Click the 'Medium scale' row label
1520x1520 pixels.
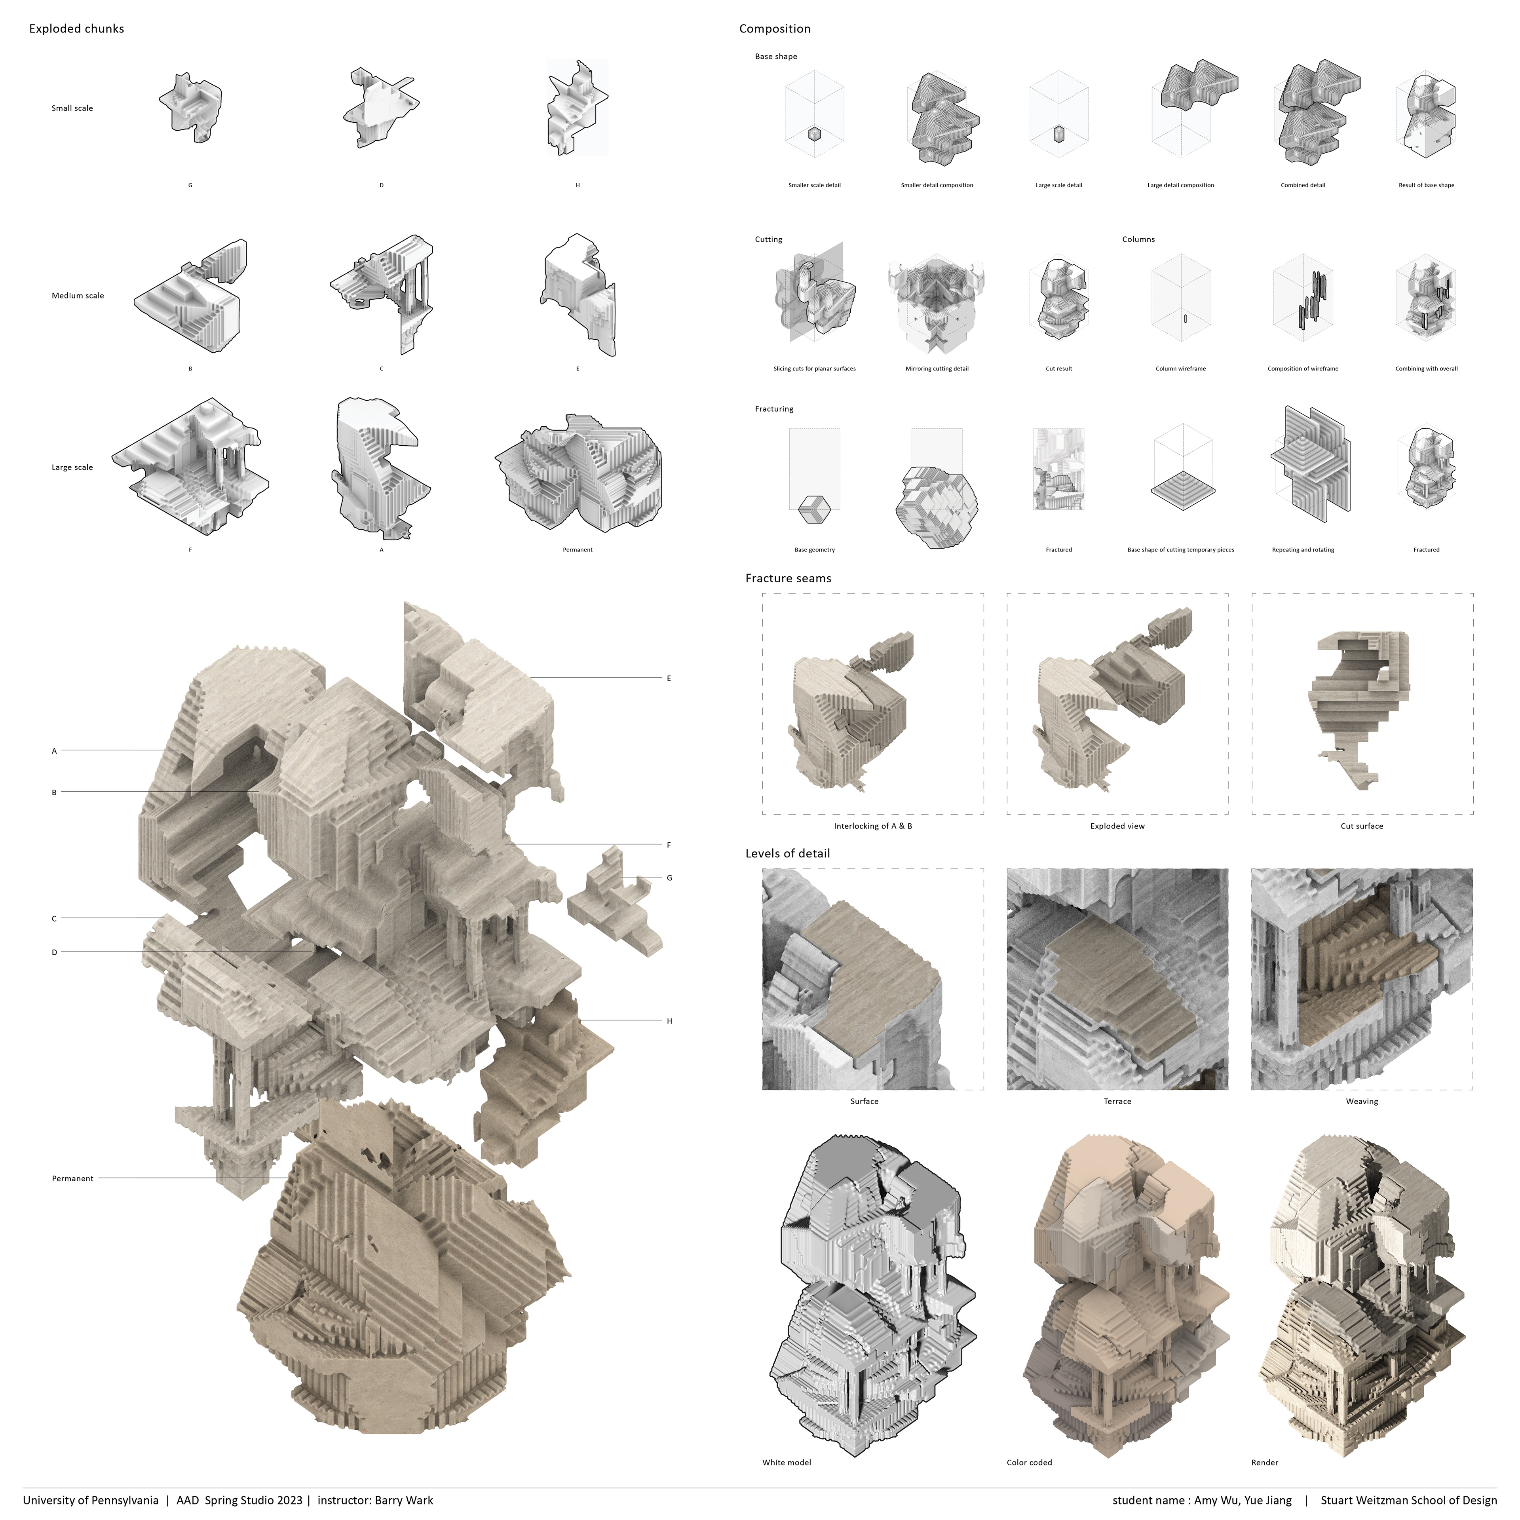[78, 296]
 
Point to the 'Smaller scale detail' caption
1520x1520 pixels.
[814, 186]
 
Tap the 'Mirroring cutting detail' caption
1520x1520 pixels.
[937, 369]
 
